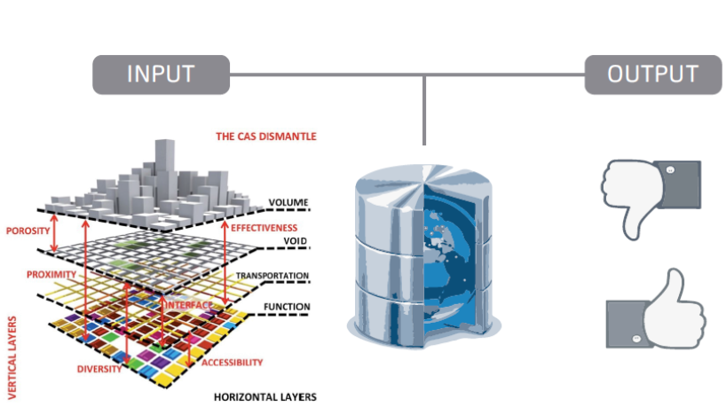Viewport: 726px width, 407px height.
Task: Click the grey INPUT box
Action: click(162, 74)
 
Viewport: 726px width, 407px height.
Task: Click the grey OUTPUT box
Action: click(653, 74)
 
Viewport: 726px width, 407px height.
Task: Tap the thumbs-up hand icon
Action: click(656, 309)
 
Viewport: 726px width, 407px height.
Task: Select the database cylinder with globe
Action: click(423, 255)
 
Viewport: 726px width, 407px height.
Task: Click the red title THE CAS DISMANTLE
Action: click(266, 137)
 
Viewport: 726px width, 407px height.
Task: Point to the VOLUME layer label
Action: click(288, 202)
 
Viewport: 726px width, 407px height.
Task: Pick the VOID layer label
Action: click(296, 241)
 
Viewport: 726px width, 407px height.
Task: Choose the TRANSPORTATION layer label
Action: click(272, 276)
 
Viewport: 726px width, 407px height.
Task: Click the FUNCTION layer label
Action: click(287, 307)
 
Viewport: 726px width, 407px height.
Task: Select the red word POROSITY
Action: click(28, 231)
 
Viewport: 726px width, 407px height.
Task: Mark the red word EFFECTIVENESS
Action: click(264, 228)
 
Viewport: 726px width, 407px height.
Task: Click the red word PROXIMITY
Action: click(51, 274)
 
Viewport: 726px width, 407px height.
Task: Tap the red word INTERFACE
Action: click(189, 305)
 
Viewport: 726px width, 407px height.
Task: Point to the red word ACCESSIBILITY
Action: click(232, 363)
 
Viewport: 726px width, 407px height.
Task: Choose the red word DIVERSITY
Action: click(99, 369)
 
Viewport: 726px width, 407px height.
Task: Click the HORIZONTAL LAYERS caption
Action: click(265, 397)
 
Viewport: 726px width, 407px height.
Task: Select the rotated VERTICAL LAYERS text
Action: click(12, 357)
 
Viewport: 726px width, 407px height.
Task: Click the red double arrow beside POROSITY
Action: click(54, 232)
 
